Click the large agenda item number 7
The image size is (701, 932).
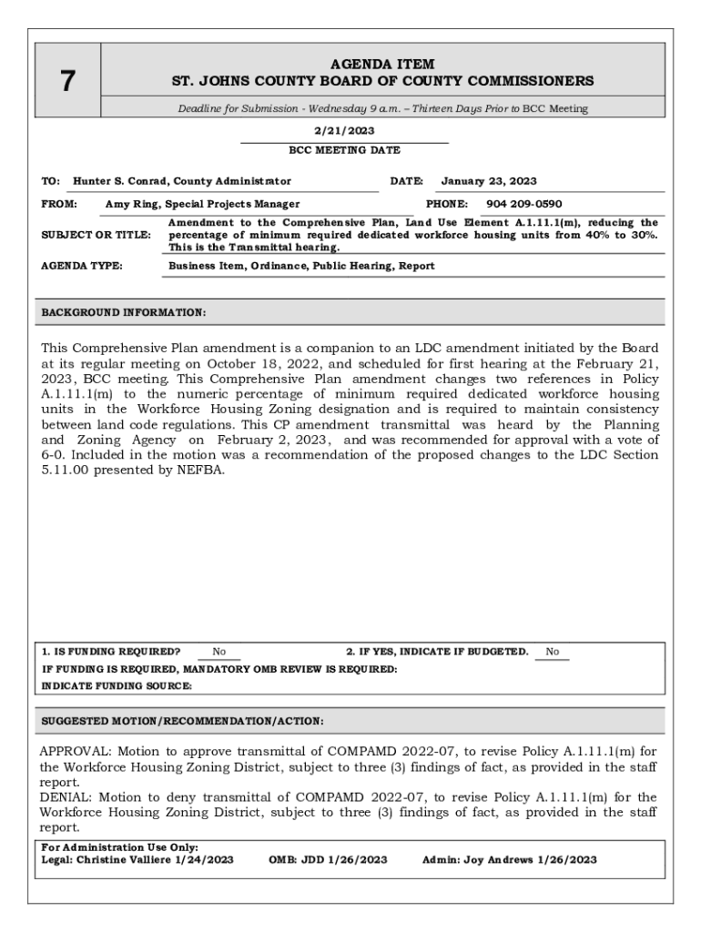click(66, 82)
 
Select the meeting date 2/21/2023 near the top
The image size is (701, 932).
click(343, 131)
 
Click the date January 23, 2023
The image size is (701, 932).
click(488, 181)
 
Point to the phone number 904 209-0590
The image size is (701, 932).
click(523, 204)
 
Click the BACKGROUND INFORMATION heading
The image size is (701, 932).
click(124, 313)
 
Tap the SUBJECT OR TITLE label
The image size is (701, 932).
click(96, 235)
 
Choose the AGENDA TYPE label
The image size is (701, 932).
click(82, 266)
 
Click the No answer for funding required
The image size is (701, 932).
click(218, 652)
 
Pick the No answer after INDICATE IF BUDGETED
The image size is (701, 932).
click(552, 652)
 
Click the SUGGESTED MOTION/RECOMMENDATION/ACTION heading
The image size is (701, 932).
click(182, 721)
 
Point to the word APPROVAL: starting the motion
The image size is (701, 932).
click(69, 753)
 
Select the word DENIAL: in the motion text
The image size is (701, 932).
click(64, 797)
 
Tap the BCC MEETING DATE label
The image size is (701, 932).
click(343, 150)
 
